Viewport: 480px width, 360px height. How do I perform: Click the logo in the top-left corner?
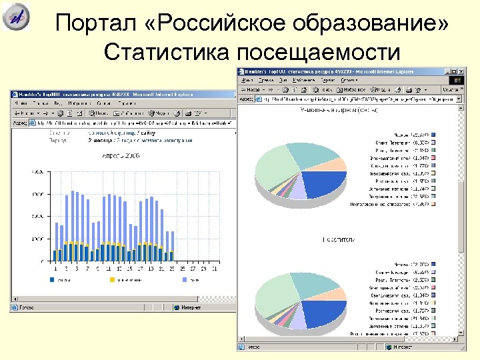click(x=17, y=17)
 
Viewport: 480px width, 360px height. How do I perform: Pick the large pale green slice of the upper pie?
click(x=273, y=167)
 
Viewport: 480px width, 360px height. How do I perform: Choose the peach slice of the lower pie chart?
click(x=338, y=294)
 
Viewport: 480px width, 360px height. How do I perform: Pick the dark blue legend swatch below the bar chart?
click(x=52, y=280)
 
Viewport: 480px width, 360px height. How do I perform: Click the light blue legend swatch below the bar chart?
click(x=184, y=280)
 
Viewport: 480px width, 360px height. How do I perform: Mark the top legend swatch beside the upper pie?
click(x=433, y=135)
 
